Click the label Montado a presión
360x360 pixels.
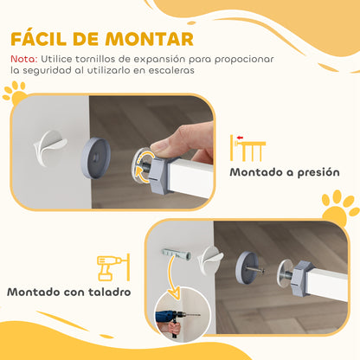284,172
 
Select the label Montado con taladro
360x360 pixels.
69,291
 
